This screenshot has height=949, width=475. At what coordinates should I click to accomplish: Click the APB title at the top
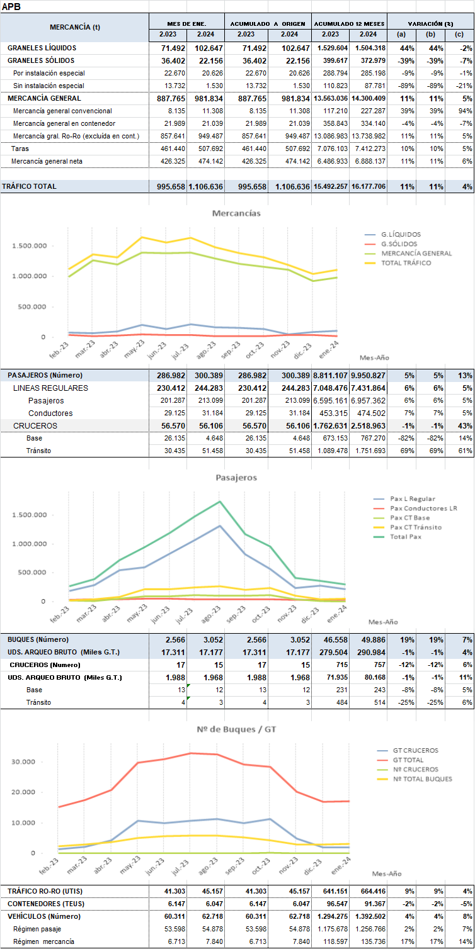10,6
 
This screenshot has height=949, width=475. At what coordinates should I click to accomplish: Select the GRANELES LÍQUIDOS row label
42,48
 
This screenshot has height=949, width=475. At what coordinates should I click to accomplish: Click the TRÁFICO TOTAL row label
29,186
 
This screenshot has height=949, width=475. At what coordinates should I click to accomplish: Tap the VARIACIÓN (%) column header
430,23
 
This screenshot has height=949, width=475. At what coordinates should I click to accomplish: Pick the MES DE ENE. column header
186,23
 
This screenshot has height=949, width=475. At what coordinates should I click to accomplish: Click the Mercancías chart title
236,213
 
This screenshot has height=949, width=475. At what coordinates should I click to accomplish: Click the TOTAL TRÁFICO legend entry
406,262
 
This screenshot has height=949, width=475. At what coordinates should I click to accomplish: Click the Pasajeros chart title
236,477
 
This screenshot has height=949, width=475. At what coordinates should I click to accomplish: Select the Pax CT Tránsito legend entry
416,527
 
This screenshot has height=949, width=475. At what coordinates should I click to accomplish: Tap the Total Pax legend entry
406,537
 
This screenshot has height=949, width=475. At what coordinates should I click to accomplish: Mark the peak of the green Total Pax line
219,502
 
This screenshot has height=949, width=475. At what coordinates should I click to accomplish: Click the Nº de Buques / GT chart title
236,712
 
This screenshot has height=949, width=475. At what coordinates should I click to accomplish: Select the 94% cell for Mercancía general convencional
462,111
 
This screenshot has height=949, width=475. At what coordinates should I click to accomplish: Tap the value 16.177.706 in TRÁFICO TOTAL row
368,186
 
